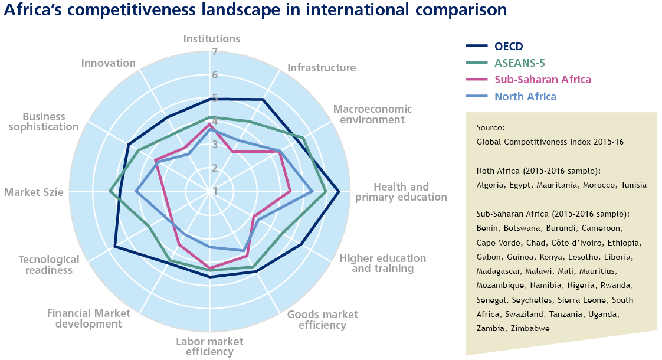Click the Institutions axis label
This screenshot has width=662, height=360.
[x=211, y=40]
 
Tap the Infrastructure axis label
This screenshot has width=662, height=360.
[x=322, y=68]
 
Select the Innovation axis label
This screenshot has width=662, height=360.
[x=109, y=63]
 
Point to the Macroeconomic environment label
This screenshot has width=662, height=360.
[x=372, y=114]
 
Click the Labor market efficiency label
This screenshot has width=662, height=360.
[x=209, y=347]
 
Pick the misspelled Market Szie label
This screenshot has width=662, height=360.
[x=34, y=192]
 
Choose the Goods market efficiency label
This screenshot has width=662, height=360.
[x=322, y=320]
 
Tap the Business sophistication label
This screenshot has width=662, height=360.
[x=50, y=122]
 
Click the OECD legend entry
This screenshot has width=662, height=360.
[x=509, y=47]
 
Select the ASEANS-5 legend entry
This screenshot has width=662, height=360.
[x=519, y=63]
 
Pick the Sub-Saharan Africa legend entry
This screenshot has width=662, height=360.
[x=542, y=80]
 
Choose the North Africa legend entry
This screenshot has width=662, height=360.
[x=525, y=97]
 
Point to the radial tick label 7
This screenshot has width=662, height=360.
[x=215, y=52]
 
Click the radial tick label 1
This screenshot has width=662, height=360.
[x=215, y=191]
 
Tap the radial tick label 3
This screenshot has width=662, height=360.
[x=215, y=145]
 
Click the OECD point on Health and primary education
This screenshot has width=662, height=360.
[x=339, y=192]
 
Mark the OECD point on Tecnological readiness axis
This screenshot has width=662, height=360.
[x=114, y=247]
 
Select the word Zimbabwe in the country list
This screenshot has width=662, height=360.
[x=529, y=328]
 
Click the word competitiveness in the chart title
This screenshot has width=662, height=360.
[x=122, y=11]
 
